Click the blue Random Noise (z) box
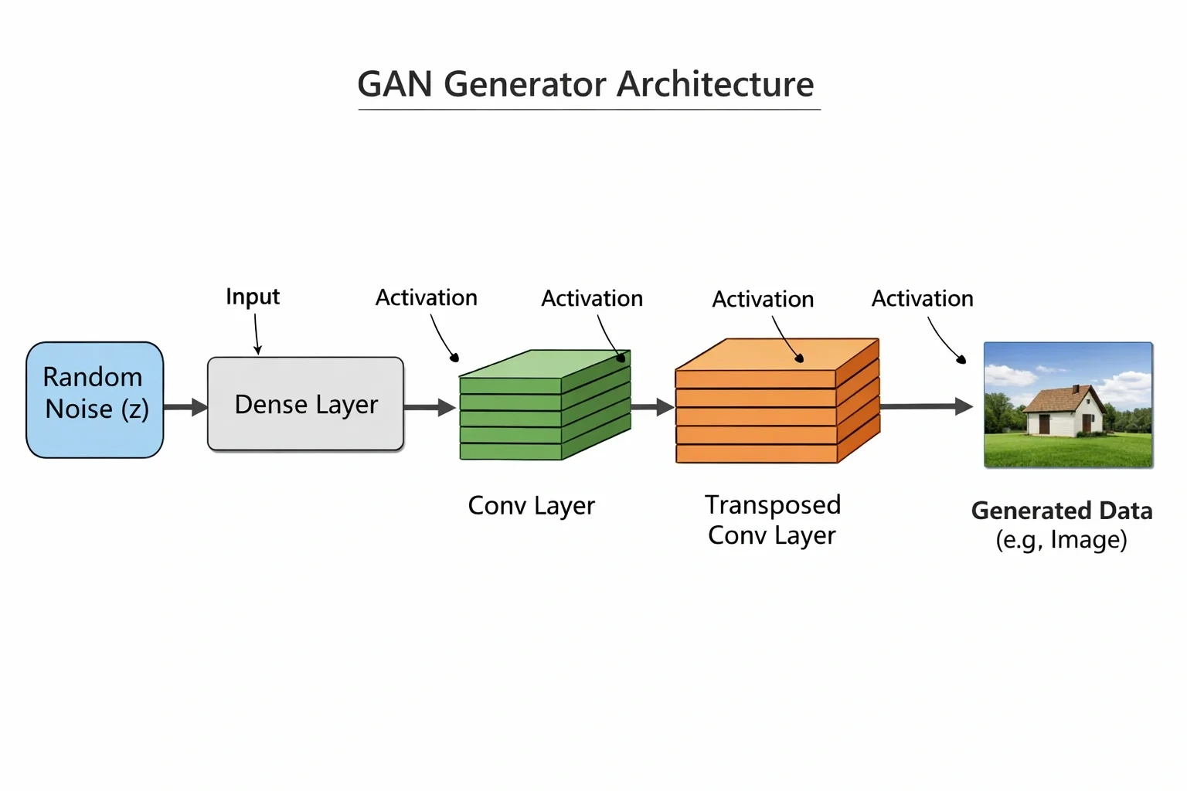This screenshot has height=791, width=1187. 95,400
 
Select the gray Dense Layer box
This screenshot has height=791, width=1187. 306,404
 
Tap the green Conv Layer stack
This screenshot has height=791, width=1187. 545,405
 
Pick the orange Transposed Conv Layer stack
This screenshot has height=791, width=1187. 777,401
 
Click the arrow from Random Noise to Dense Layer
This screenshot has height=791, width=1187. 185,407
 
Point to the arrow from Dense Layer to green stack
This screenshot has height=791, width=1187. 430,407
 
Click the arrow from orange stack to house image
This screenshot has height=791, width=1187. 927,406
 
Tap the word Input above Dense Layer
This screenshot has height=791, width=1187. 253,297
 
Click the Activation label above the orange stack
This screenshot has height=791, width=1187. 763,300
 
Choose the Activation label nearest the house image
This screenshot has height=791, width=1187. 923,299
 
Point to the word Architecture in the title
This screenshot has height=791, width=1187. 716,83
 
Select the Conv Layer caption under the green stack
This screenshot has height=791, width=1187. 532,506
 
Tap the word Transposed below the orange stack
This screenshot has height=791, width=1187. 773,505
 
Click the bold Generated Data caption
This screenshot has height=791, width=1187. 1062,511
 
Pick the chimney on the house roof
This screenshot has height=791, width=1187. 1075,389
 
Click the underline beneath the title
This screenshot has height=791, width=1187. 590,110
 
